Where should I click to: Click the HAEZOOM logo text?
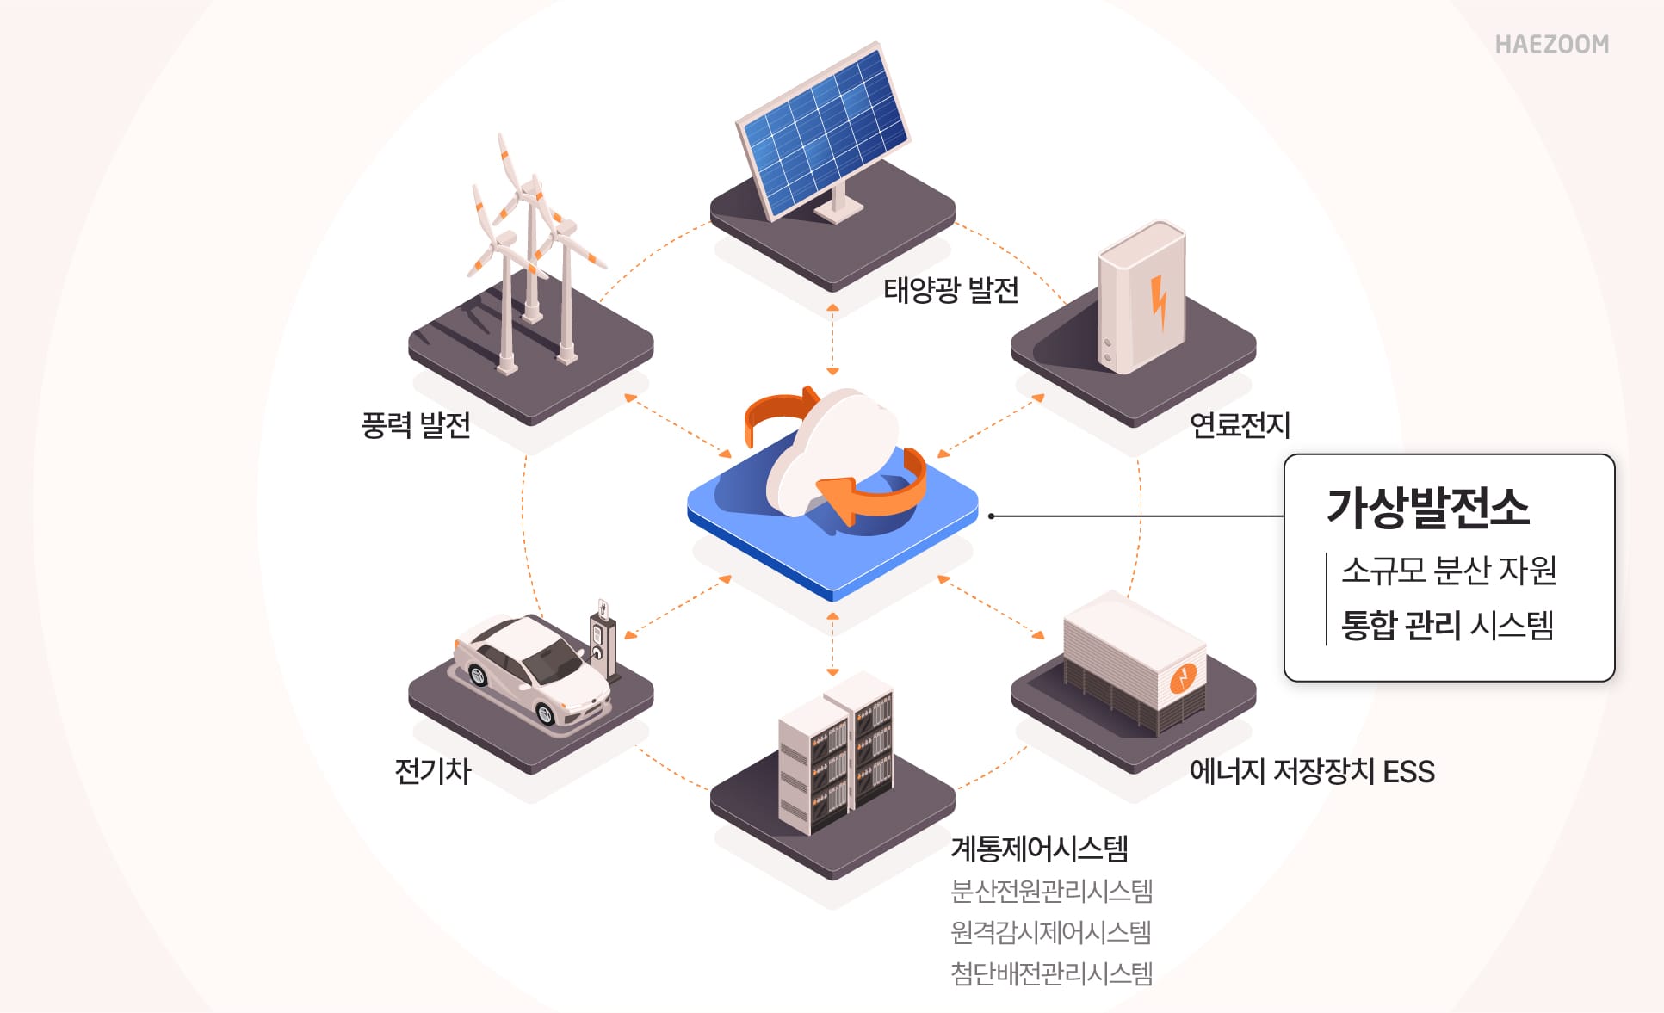[x=1551, y=45]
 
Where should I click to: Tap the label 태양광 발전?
[x=950, y=290]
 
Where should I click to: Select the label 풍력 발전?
[x=416, y=425]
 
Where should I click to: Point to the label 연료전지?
[x=1240, y=425]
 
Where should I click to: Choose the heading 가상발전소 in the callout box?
[x=1428, y=507]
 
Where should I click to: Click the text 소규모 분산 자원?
[x=1449, y=570]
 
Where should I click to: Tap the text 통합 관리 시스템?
[x=1447, y=625]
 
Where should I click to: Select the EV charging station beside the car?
[x=603, y=641]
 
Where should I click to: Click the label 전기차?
[x=432, y=770]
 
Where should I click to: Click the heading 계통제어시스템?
[x=1039, y=849]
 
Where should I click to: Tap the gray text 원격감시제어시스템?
[x=1050, y=932]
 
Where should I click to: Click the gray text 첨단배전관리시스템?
[x=1051, y=973]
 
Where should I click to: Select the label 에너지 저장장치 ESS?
[x=1311, y=771]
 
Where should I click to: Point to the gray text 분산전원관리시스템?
[x=1051, y=891]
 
